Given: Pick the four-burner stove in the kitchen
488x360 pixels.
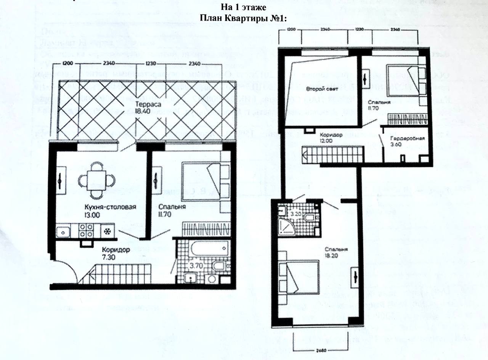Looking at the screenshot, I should click(x=87, y=231).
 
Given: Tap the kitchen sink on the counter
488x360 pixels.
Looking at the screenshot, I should click(x=63, y=231).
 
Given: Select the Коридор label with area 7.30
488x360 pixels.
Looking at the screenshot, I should click(x=116, y=250).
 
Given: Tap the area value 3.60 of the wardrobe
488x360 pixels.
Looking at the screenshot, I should click(x=396, y=145).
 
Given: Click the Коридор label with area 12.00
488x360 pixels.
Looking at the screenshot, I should click(x=331, y=135).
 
